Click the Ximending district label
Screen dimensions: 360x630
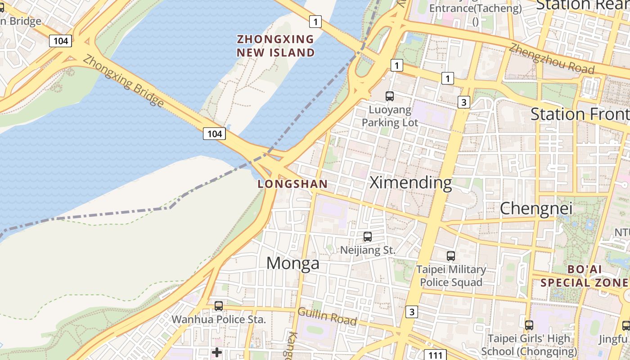coord(410,183)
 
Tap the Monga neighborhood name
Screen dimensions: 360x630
coord(293,263)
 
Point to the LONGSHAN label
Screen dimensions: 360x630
coord(292,184)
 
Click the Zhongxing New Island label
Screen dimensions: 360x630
coord(276,46)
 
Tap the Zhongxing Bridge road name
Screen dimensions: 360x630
coord(123,81)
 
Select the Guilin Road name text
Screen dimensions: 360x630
coord(327,316)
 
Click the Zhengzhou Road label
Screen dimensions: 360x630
coord(552,58)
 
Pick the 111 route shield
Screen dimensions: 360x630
coord(435,355)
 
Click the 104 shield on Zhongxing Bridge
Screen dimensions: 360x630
coord(214,134)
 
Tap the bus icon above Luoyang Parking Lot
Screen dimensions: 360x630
coord(390,96)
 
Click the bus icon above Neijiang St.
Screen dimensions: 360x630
coord(368,237)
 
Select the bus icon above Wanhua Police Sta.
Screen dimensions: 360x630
coord(219,306)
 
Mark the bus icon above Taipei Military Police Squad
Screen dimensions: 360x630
coord(451,256)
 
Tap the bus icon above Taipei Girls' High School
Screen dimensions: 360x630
coord(529,325)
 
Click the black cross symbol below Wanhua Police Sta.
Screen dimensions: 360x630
coord(217,352)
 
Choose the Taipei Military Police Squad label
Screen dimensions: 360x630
coord(451,276)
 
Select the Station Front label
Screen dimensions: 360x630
coord(580,114)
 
